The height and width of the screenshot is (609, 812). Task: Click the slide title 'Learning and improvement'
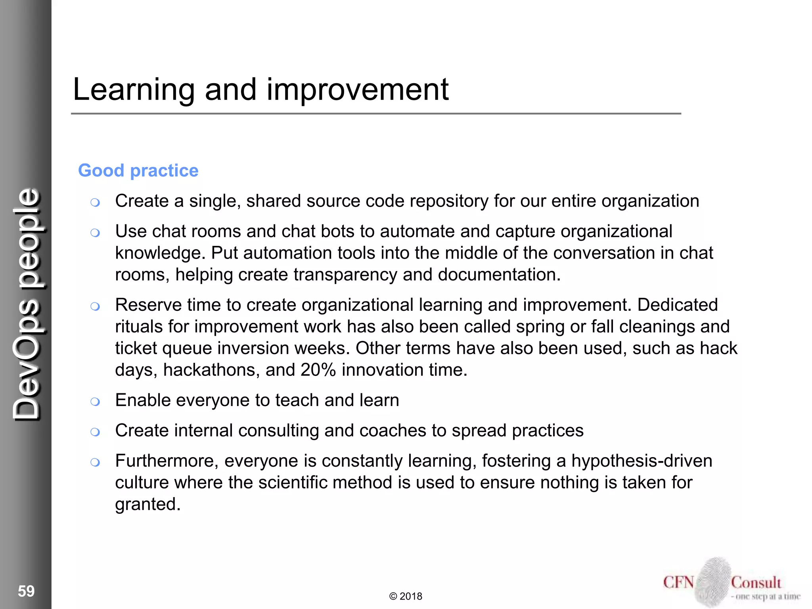click(x=260, y=90)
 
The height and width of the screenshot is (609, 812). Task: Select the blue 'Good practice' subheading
click(x=138, y=170)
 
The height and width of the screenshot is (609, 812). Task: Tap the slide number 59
click(x=26, y=591)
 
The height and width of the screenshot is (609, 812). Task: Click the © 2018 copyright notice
click(x=406, y=596)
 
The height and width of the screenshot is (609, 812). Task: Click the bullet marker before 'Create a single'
click(x=95, y=203)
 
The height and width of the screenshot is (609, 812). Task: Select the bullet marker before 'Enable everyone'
click(x=95, y=402)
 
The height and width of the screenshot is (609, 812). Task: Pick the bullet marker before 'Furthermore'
click(x=95, y=462)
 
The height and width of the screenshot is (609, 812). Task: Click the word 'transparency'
click(x=345, y=275)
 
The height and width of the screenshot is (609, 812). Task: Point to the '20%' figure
click(x=318, y=370)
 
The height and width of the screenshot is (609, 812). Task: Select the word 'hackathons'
click(x=211, y=370)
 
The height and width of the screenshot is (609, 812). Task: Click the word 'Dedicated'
click(x=677, y=305)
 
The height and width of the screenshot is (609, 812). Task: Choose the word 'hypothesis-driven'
click(x=642, y=461)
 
